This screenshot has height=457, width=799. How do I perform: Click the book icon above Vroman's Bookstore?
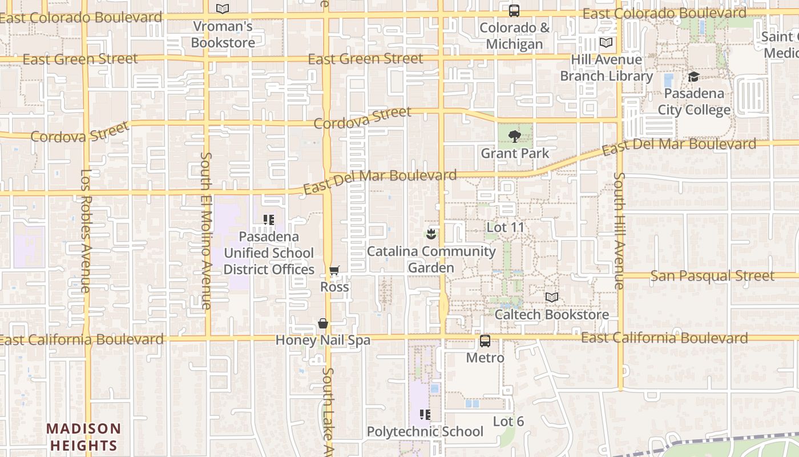[x=223, y=9]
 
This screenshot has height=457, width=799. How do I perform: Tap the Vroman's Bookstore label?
[x=223, y=34]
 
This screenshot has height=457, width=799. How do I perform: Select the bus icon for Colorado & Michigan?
[x=514, y=11]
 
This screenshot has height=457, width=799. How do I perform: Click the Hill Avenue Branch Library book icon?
[x=606, y=43]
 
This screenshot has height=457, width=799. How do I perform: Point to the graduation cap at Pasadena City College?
[x=693, y=77]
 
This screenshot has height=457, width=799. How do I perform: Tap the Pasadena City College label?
[x=694, y=102]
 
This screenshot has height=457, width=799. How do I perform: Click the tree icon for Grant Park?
[x=514, y=137]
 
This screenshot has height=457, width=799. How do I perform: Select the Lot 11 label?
[x=505, y=227]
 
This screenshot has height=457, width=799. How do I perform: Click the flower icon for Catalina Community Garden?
[x=431, y=234]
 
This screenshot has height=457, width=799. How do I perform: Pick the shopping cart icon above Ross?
[x=334, y=270]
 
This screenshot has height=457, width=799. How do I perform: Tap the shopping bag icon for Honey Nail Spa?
[x=323, y=324]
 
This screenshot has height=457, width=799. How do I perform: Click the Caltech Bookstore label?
[x=551, y=315]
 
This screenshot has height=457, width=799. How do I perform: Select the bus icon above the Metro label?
[x=485, y=341]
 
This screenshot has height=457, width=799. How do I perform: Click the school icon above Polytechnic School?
[x=425, y=415]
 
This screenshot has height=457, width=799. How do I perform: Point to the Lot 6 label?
[x=508, y=422]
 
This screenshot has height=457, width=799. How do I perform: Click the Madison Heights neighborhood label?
[x=84, y=437]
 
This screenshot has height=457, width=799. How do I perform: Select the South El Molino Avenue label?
[x=206, y=230]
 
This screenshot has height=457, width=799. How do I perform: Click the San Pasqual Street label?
[x=712, y=276]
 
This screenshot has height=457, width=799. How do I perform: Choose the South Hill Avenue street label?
[x=620, y=230]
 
